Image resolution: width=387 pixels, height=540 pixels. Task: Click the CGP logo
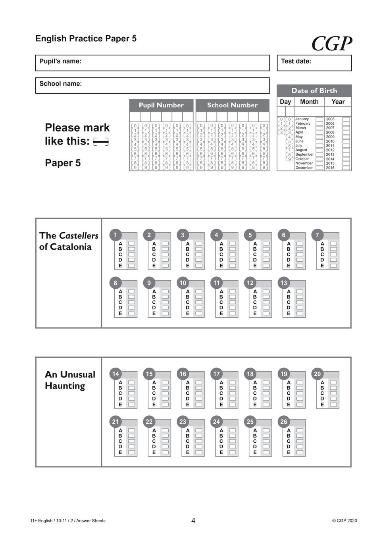pos(331,44)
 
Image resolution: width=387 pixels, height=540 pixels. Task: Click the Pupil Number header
pos(161,105)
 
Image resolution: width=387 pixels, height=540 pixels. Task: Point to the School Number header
pos(232,105)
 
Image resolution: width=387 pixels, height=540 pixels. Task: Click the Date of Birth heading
pos(314,91)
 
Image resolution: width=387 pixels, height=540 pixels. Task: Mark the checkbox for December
pos(319,168)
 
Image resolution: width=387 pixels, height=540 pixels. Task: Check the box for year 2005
pos(346,119)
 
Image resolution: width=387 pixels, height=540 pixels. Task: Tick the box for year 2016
pos(346,168)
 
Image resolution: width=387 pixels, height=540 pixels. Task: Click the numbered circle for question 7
pos(317,235)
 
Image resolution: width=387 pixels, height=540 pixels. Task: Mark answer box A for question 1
pos(131,243)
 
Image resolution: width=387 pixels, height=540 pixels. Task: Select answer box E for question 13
pos(300,314)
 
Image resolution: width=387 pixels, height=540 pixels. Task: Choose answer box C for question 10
pos(199,303)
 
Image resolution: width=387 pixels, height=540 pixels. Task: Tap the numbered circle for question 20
pos(317,374)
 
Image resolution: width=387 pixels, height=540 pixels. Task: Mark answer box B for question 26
pos(300,436)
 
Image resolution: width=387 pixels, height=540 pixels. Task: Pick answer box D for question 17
pos(233,399)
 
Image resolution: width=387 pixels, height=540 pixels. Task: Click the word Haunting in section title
pos(65,386)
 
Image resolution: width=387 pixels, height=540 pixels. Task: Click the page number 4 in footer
pos(193,521)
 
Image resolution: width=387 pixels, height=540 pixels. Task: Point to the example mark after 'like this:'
pos(101,142)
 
